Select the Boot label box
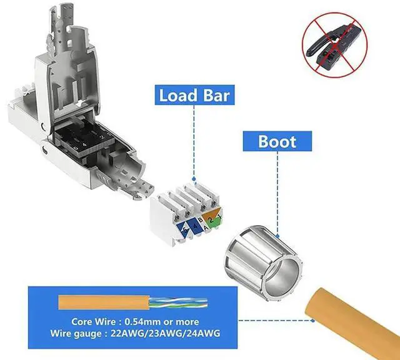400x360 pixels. pos(277,141)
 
